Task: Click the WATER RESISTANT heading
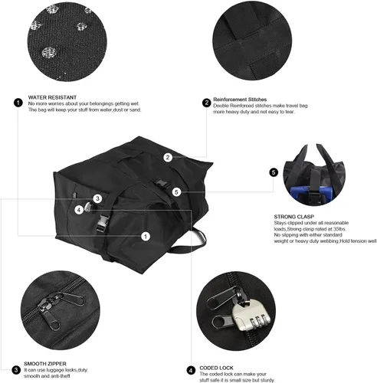52,97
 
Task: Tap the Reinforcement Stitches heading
240,100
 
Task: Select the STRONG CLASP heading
294,217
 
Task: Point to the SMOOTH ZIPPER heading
45,364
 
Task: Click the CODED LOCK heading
216,368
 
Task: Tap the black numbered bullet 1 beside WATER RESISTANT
18,103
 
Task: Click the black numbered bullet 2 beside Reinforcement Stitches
206,103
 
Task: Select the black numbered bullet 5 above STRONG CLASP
274,172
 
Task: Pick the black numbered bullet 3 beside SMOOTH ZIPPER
16,370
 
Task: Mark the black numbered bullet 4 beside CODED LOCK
191,370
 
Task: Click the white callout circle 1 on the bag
146,237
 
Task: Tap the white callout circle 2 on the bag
168,157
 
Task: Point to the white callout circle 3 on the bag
97,198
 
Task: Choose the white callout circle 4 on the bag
79,210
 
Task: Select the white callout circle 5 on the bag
176,192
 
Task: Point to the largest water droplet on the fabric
49,52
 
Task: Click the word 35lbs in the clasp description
339,229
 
